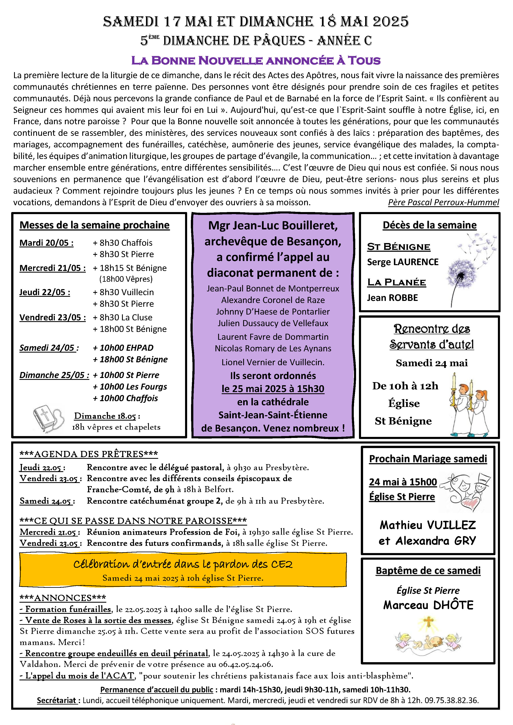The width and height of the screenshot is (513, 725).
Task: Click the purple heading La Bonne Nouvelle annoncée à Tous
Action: pyautogui.click(x=256, y=60)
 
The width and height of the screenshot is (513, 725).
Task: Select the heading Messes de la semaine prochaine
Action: pyautogui.click(x=94, y=225)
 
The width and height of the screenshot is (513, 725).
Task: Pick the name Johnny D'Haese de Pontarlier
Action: pyautogui.click(x=273, y=312)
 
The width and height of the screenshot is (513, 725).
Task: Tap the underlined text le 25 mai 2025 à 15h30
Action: pyautogui.click(x=273, y=389)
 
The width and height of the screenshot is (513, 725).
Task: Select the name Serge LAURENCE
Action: pyautogui.click(x=402, y=262)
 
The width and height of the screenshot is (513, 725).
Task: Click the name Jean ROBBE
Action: pyautogui.click(x=392, y=298)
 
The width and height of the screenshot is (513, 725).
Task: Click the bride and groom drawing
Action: pyautogui.click(x=466, y=492)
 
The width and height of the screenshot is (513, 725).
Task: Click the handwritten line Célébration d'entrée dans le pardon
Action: pyautogui.click(x=183, y=564)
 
